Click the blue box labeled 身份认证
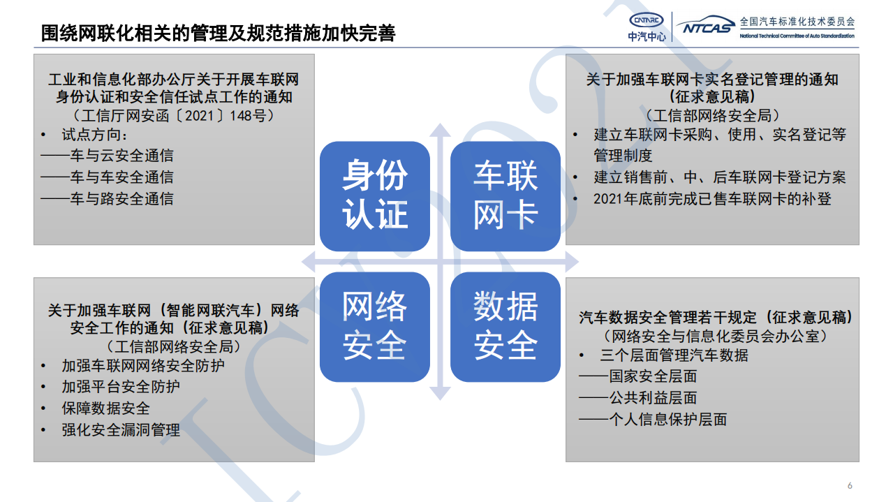click(x=374, y=196)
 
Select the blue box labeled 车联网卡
click(x=505, y=196)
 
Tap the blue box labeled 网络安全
click(x=374, y=327)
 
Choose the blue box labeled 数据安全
click(x=505, y=327)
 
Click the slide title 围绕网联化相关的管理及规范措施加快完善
click(x=218, y=34)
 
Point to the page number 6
click(x=850, y=486)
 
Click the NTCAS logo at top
click(x=705, y=26)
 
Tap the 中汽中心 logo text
click(x=647, y=36)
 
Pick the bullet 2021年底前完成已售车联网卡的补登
click(x=712, y=199)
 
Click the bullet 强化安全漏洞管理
click(x=121, y=430)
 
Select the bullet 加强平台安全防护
click(x=121, y=387)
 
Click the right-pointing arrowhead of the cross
click(x=571, y=263)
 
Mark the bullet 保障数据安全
click(x=105, y=408)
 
